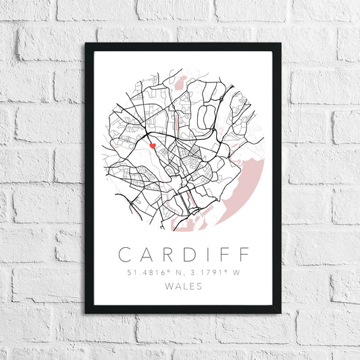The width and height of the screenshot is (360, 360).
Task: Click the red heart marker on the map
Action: pyautogui.click(x=153, y=145)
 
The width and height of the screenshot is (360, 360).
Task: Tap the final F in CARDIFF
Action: pyautogui.click(x=242, y=255)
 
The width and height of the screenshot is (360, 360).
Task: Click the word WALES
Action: pyautogui.click(x=183, y=286)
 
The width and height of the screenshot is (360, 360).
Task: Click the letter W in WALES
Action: pyautogui.click(x=168, y=286)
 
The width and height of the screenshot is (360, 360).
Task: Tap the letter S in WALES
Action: pyautogui.click(x=199, y=286)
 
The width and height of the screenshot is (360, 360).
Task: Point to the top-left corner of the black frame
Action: pyautogui.click(x=86, y=44)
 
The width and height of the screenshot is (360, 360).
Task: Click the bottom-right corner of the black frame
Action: pyautogui.click(x=280, y=313)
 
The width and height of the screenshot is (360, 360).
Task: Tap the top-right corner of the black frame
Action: pyautogui.click(x=280, y=44)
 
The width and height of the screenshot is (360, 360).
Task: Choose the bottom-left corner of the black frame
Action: pyautogui.click(x=86, y=313)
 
